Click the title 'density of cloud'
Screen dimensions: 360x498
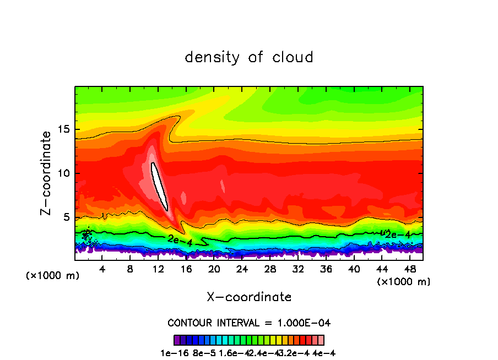coord(249,57)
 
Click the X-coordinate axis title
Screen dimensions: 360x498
coord(249,297)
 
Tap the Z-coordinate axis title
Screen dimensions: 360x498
coord(46,172)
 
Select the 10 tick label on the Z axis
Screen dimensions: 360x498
coord(63,173)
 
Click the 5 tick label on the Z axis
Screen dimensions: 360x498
coord(67,217)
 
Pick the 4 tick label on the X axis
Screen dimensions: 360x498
coord(102,269)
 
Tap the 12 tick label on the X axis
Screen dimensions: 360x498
coord(158,269)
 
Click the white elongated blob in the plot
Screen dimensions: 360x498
coord(159,186)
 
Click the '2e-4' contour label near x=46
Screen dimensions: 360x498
coord(397,234)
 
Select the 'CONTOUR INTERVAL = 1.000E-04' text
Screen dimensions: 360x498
coord(249,323)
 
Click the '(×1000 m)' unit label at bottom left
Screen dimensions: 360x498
coord(52,276)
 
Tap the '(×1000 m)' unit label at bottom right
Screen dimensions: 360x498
coord(404,282)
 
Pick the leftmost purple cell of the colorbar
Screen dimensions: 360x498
coord(177,340)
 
